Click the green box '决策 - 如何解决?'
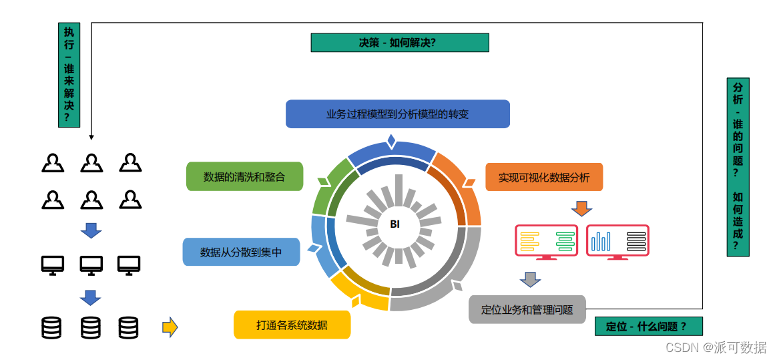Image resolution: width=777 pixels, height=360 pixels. click(x=400, y=43)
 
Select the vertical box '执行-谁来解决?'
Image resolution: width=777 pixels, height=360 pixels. click(x=69, y=75)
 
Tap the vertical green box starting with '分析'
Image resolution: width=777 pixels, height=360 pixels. click(x=738, y=167)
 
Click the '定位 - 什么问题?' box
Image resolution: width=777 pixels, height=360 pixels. click(x=648, y=326)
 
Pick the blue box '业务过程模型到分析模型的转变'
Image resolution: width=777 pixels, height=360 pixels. click(x=397, y=114)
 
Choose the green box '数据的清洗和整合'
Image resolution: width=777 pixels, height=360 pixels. click(x=244, y=177)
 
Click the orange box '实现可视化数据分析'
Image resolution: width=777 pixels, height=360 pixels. click(x=544, y=177)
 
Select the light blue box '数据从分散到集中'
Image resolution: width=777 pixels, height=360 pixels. click(x=241, y=252)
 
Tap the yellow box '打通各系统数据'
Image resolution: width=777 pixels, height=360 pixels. click(x=292, y=325)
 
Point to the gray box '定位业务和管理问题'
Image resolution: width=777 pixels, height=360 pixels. click(x=527, y=309)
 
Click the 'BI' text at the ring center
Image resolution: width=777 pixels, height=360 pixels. click(x=395, y=224)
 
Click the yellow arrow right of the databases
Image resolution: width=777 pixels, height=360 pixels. click(x=170, y=327)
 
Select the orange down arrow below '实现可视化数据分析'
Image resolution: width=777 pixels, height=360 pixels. click(x=581, y=208)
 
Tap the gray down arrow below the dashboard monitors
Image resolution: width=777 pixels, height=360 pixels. click(x=530, y=279)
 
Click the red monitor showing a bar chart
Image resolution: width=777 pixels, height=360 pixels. click(x=617, y=241)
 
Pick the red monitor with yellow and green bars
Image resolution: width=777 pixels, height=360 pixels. click(x=547, y=241)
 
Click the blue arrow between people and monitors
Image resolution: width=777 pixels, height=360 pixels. click(x=91, y=230)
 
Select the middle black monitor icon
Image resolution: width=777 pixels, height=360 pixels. click(x=91, y=265)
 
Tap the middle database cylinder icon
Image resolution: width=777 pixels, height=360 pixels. click(x=91, y=327)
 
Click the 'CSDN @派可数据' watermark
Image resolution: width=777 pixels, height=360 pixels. click(x=716, y=347)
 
